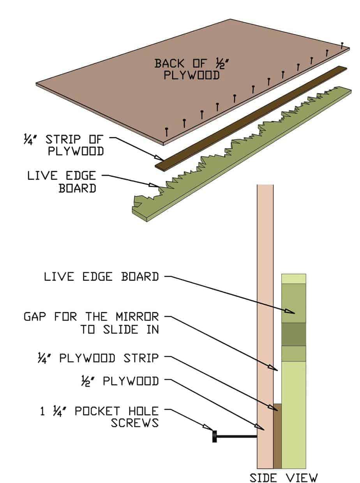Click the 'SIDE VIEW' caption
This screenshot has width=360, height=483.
coord(284,478)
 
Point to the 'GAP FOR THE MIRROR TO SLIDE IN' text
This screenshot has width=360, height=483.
coord(92,323)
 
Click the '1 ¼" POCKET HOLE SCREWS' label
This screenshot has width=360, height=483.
coord(100,416)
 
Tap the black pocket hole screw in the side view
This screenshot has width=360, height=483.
coord(234,436)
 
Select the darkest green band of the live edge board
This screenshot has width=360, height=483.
coord(293,334)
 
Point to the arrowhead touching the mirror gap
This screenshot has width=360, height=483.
coord(274,368)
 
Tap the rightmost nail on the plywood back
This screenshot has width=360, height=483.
coord(342,45)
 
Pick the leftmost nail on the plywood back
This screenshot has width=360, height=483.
coord(167,131)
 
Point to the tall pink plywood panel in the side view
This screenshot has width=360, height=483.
coord(265,312)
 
